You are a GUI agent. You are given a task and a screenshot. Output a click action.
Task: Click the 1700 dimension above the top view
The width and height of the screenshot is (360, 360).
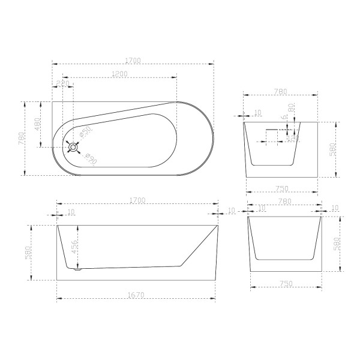(133, 60)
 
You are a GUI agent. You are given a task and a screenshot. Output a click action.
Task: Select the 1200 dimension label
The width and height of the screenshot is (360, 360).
(118, 73)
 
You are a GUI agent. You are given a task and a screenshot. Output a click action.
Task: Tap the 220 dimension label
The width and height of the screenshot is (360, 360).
(62, 83)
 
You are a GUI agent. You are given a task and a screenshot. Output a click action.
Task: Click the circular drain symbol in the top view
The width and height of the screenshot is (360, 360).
(73, 146)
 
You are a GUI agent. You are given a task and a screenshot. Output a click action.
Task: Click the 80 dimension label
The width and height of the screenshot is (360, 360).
(291, 110)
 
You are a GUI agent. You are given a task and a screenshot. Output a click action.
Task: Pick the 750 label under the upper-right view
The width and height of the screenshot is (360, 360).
(281, 188)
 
